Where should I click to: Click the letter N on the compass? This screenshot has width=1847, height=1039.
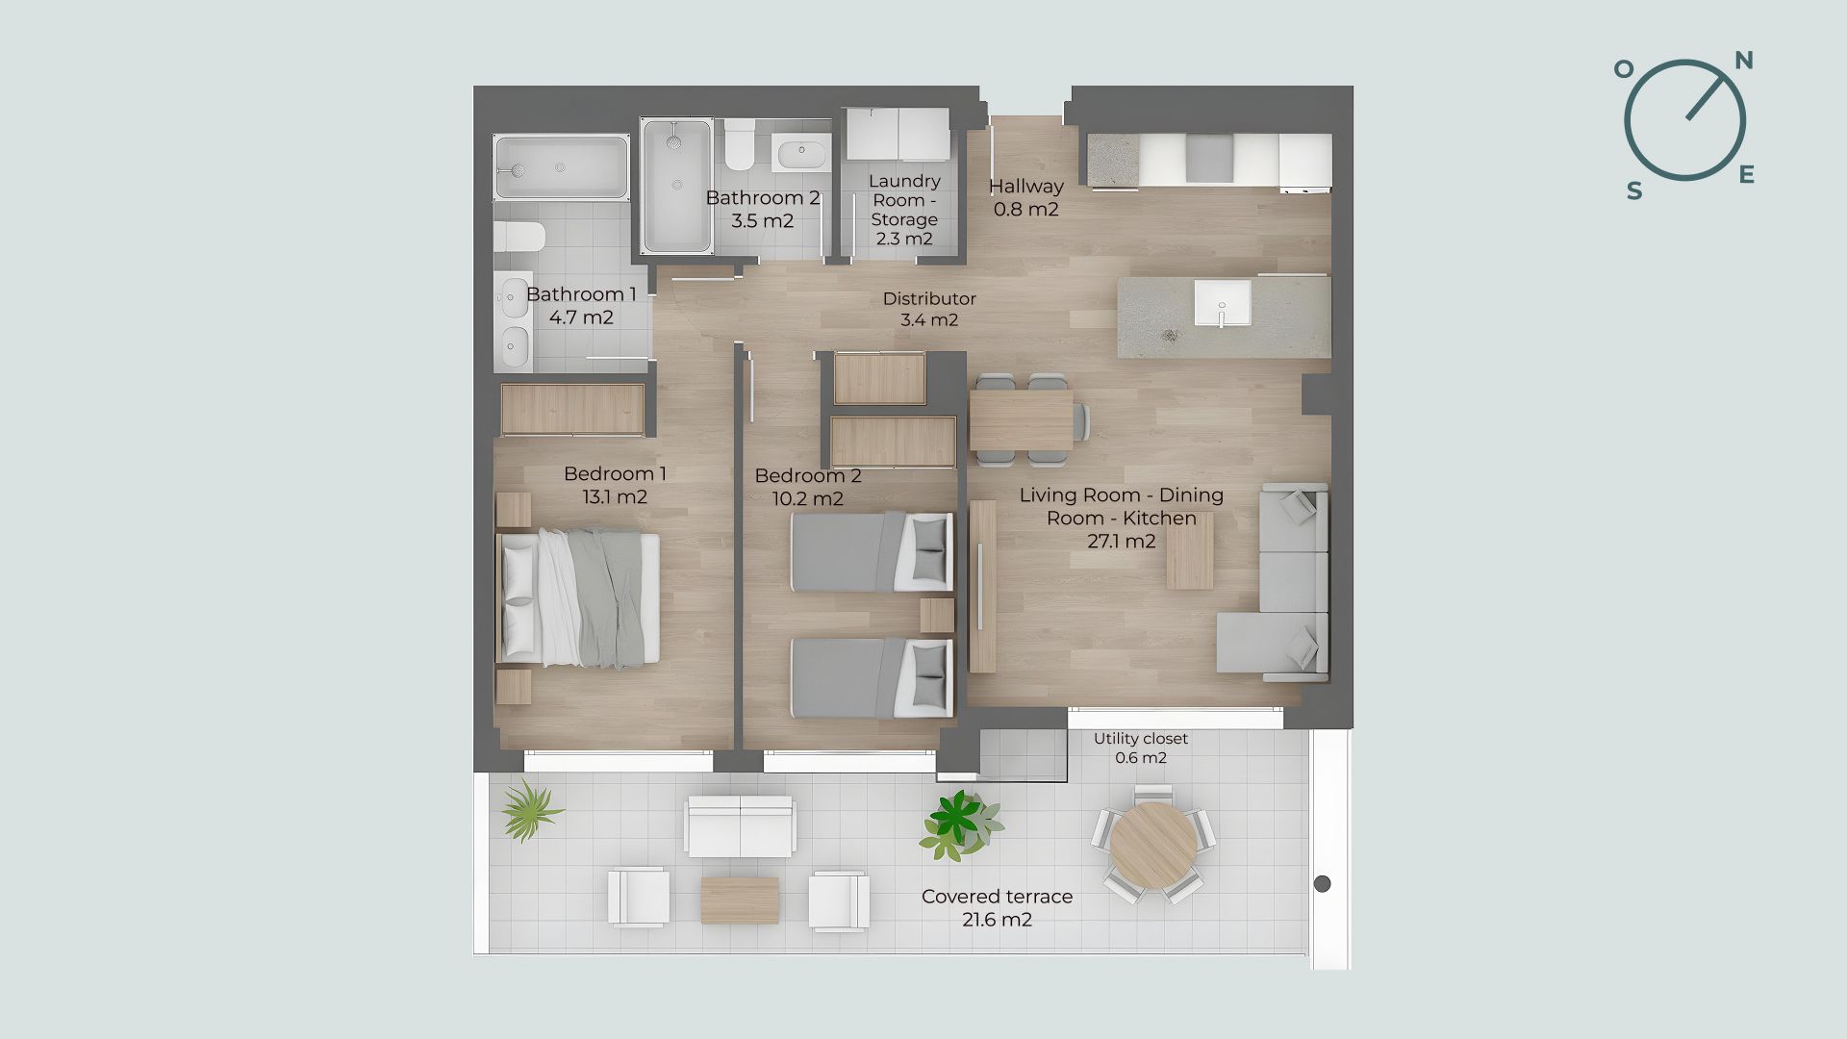[1743, 62]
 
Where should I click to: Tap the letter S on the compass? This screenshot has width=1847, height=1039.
[1634, 191]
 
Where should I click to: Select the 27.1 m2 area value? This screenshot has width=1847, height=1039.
[1122, 541]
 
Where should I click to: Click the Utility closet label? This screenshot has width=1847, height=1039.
[1141, 739]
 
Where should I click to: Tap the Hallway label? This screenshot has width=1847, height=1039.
[1026, 187]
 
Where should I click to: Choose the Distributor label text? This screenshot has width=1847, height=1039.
[929, 299]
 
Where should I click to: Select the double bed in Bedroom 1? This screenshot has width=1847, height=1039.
[578, 597]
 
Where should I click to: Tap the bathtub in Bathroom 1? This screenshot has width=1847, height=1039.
[561, 167]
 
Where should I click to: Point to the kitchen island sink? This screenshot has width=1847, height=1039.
[1223, 303]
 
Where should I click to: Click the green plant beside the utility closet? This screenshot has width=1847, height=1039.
[959, 824]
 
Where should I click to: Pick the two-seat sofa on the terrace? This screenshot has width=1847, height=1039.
[740, 826]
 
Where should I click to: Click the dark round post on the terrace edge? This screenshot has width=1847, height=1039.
[1323, 883]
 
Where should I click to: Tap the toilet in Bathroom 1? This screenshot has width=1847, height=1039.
[520, 237]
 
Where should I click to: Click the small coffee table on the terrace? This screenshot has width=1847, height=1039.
[740, 900]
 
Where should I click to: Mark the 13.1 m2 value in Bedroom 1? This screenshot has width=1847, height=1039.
[615, 497]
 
